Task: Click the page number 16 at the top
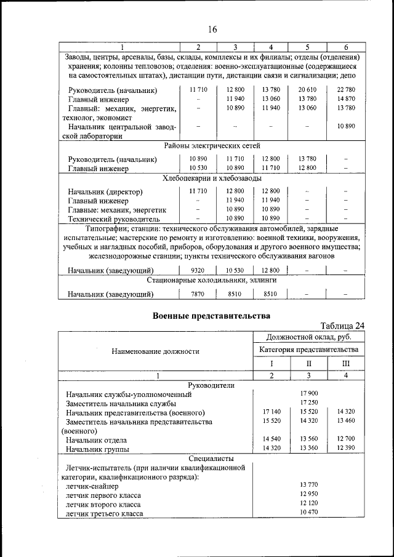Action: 212,29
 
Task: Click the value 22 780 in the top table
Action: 346,90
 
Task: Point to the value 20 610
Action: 307,90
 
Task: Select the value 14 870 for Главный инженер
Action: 346,98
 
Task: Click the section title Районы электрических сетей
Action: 212,146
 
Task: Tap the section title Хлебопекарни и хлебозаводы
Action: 212,178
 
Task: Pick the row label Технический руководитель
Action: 114,218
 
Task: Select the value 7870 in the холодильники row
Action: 198,294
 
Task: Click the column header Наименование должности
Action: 155,351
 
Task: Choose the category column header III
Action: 345,364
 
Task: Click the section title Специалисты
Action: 211,459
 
